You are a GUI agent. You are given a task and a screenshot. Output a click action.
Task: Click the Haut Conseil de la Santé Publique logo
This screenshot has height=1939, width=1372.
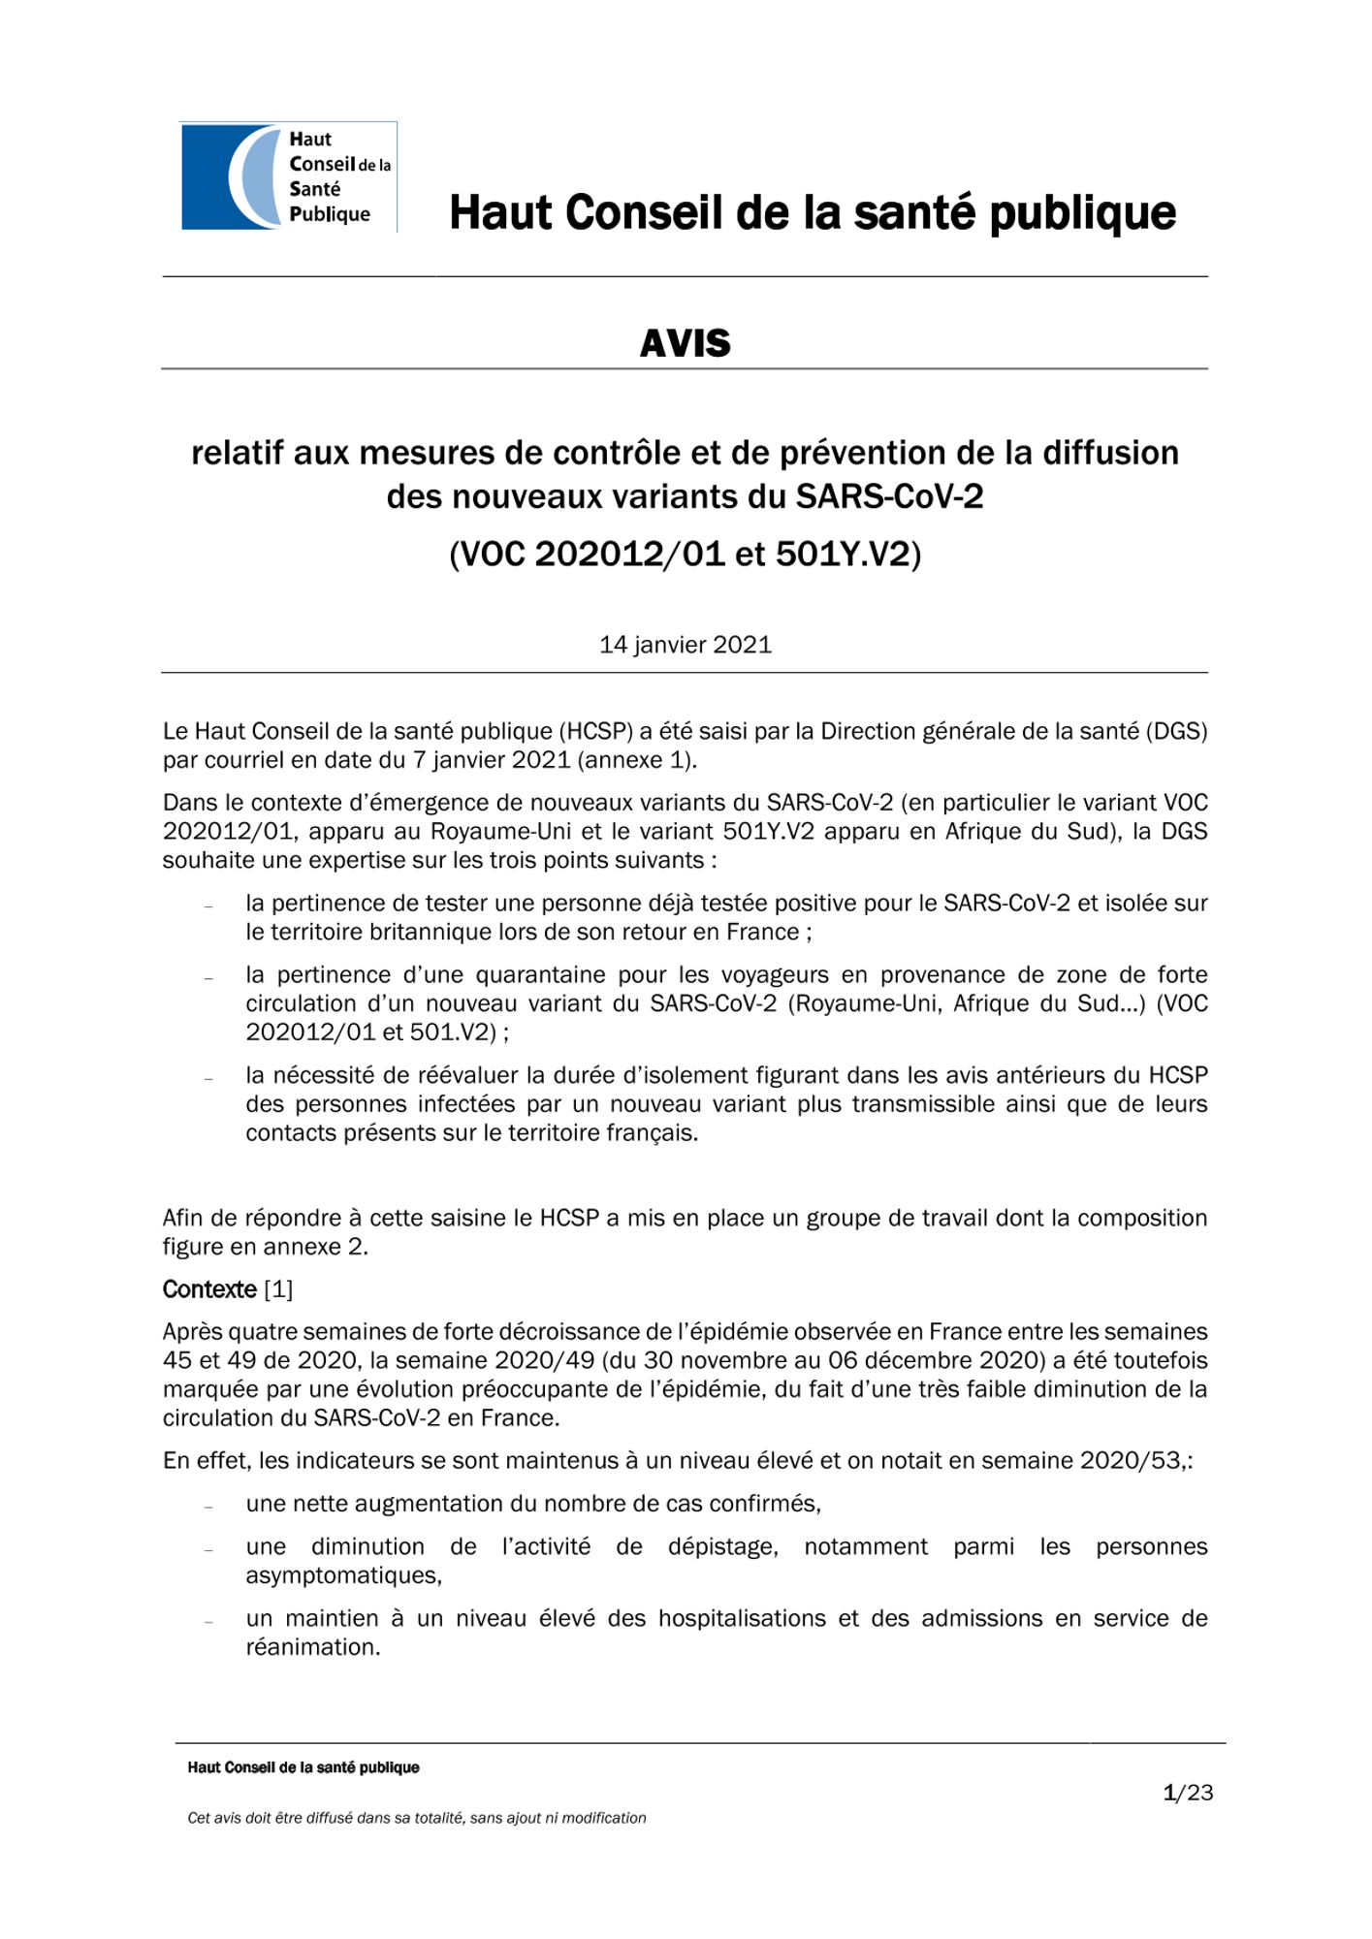tap(289, 176)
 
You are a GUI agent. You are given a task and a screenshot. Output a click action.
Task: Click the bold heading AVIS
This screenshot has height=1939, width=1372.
tap(685, 343)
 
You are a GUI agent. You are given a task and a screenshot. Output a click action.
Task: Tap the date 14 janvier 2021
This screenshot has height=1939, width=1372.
tap(685, 645)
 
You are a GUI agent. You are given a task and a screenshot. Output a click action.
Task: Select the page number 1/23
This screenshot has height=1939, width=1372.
tap(1188, 1793)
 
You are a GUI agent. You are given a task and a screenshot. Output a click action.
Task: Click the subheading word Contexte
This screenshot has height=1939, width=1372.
tap(209, 1289)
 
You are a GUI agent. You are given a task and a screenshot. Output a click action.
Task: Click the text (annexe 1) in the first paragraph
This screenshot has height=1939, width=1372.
tap(636, 760)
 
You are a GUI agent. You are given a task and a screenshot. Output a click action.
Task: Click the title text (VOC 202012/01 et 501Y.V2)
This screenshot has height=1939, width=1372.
tap(685, 554)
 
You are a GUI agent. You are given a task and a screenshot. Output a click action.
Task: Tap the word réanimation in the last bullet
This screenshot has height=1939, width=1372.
tap(312, 1647)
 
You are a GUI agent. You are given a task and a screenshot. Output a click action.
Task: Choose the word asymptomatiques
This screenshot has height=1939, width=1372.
tap(343, 1575)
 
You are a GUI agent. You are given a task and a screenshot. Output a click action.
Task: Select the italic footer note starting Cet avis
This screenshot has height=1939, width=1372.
tap(417, 1818)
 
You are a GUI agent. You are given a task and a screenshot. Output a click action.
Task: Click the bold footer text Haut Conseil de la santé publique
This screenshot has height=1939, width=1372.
tap(303, 1767)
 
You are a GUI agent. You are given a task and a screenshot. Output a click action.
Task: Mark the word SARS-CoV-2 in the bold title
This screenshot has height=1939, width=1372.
tap(889, 496)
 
